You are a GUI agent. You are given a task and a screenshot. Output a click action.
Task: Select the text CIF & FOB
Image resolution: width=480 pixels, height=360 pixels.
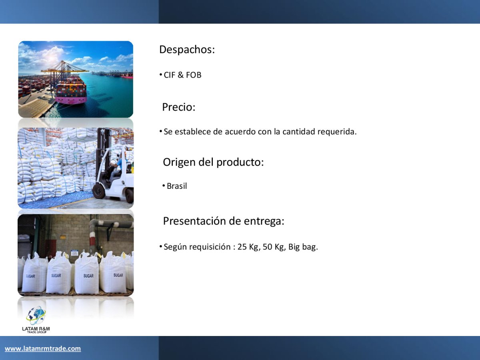coord(182,75)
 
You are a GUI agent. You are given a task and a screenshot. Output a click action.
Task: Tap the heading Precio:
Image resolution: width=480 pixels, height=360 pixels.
coord(179,107)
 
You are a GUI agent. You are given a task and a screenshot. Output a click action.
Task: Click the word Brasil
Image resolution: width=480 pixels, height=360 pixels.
coord(177,186)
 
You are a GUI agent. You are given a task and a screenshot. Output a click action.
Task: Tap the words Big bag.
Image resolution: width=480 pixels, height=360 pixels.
coord(303,247)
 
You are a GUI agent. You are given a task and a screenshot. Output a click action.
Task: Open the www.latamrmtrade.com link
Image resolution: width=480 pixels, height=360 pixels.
coord(43,348)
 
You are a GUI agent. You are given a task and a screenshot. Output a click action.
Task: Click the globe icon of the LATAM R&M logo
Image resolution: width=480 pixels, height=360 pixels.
coord(36,316)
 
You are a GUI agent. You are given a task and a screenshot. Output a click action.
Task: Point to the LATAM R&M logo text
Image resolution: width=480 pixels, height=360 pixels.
coord(36,329)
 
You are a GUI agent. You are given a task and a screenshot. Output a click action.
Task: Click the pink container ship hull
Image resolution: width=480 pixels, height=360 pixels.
coord(71,100)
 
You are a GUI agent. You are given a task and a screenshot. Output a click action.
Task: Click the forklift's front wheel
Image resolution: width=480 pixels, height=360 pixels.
coord(99,191)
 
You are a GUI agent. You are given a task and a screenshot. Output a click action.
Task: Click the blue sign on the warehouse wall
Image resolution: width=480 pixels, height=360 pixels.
coord(74,253)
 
